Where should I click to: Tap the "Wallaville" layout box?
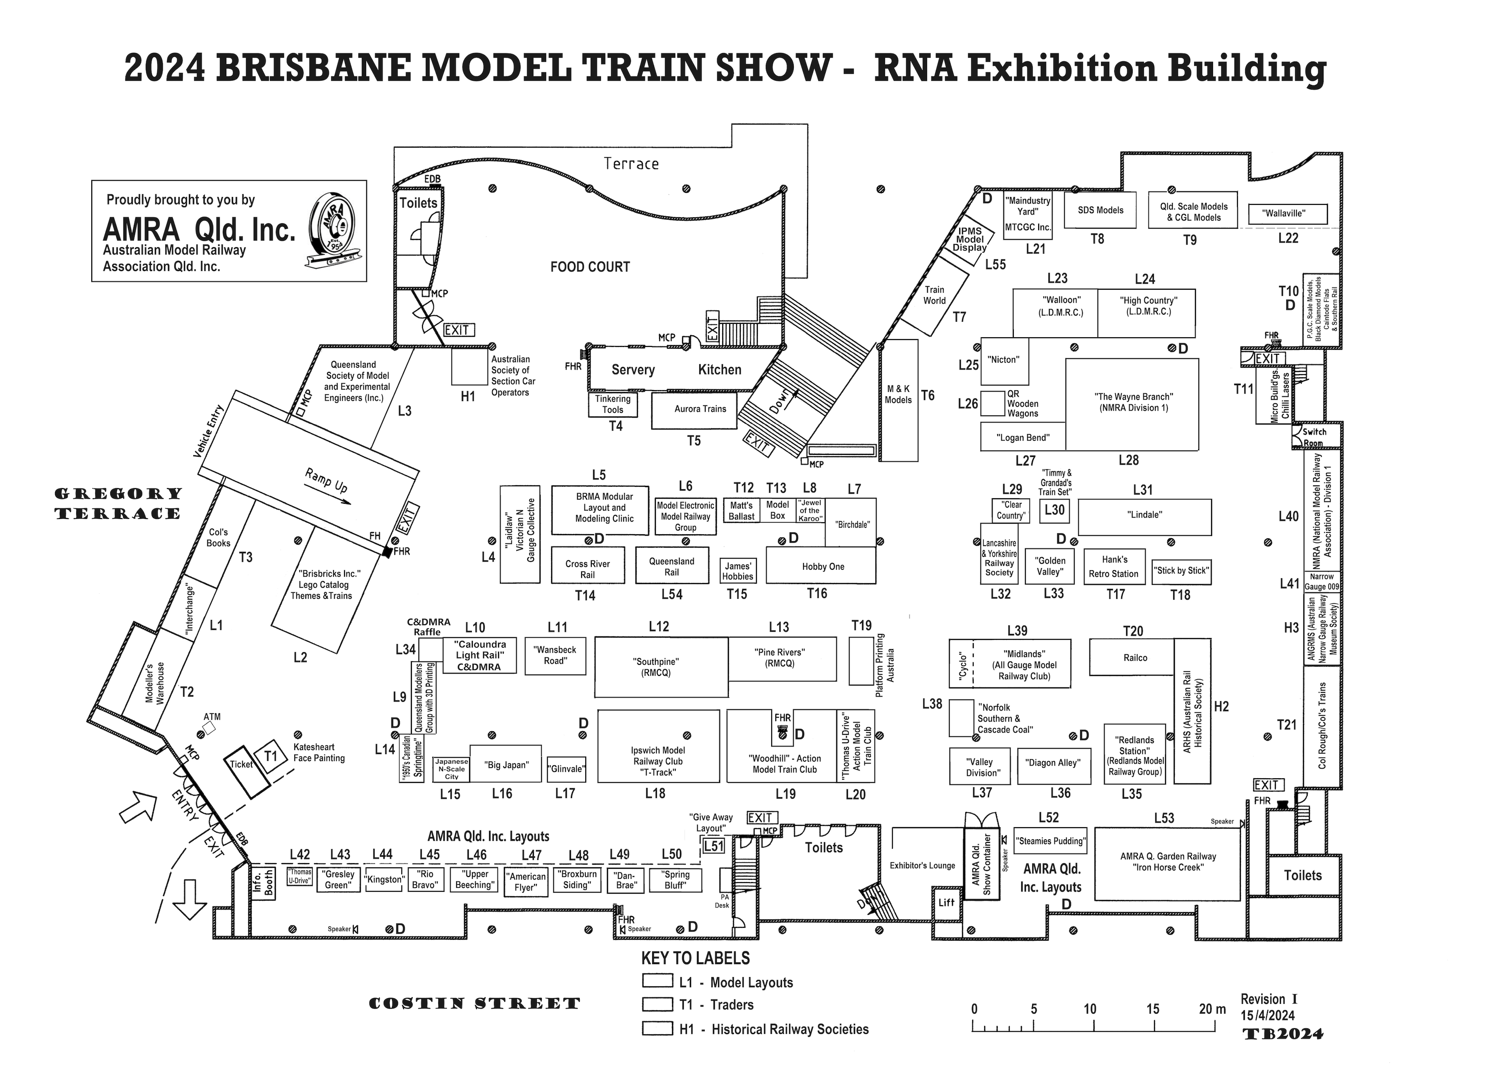point(1287,214)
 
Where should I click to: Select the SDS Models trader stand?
point(1100,210)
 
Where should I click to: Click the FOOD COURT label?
point(590,267)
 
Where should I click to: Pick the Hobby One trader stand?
point(821,566)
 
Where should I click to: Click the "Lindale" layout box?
point(1144,517)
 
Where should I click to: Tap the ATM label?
point(212,717)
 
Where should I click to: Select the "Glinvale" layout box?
point(566,769)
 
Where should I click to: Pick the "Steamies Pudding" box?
point(1051,841)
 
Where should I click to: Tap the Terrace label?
point(631,164)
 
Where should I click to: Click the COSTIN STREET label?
point(475,1003)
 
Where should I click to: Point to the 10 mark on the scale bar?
point(1089,1009)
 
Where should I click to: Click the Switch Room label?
point(1314,437)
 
